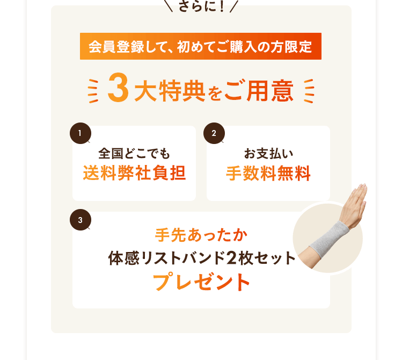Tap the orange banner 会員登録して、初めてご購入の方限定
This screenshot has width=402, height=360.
tap(200, 47)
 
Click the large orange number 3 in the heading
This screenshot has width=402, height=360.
tap(118, 90)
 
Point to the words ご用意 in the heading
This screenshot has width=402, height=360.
tap(259, 90)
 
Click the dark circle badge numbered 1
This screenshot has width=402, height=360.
tap(80, 134)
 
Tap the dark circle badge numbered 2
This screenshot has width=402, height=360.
tap(214, 134)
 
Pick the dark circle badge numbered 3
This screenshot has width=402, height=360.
tap(80, 220)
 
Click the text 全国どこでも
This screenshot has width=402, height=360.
tap(134, 154)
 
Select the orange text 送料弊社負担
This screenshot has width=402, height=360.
tap(134, 174)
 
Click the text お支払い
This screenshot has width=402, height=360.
tap(268, 154)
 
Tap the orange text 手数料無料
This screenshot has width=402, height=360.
tap(268, 174)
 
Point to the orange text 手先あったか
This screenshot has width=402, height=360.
tap(201, 235)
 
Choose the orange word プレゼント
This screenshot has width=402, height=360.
tap(201, 282)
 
